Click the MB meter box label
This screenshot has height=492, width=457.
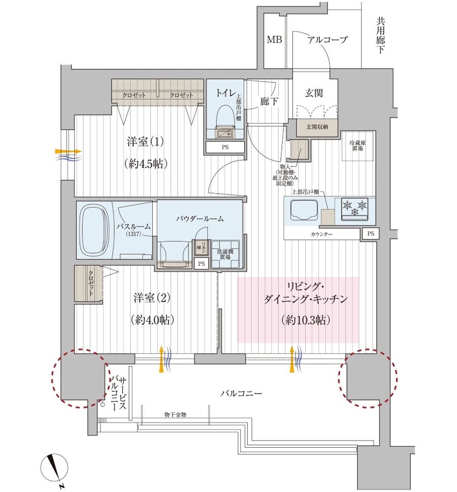coord(275,40)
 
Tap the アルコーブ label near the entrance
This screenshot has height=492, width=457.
coord(328,40)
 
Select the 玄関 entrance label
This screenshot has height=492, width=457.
coord(314,93)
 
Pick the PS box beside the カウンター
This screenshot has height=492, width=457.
coord(370,234)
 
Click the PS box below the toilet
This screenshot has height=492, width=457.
coord(225,147)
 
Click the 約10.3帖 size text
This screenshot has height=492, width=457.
coord(298,321)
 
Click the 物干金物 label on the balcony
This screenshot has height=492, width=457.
coord(175,415)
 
